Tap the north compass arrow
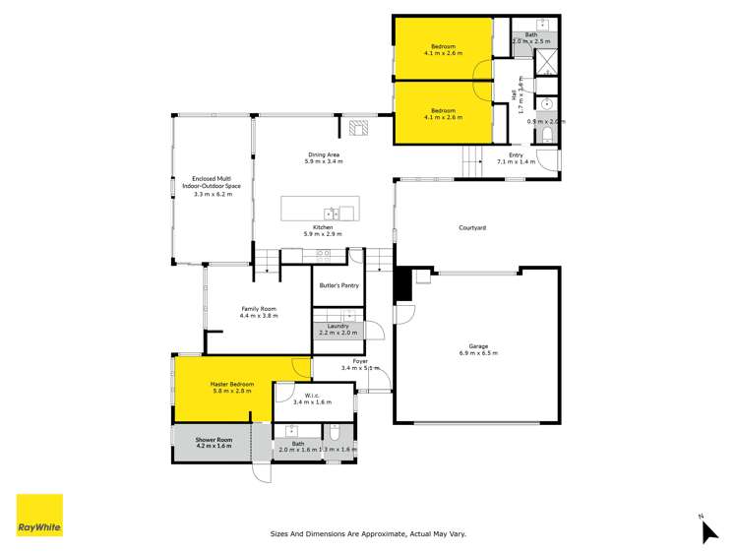click(709, 531)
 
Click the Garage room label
click(478, 346)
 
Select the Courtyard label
click(472, 227)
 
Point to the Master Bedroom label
click(232, 384)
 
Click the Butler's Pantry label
click(338, 285)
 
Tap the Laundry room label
click(338, 326)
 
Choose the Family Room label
click(260, 309)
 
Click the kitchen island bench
click(320, 211)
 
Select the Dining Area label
click(324, 154)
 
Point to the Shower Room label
click(213, 440)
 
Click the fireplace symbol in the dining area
click(356, 127)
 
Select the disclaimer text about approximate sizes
click(368, 533)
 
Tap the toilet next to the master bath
click(335, 432)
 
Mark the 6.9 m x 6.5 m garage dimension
click(478, 352)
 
